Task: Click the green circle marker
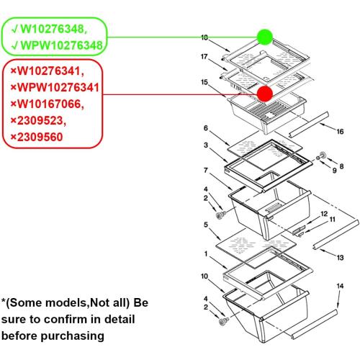(265, 37)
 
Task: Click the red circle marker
(265, 94)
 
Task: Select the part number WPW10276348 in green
(61, 45)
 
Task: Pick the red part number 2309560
(40, 137)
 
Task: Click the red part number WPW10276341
(58, 87)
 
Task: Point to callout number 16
(340, 132)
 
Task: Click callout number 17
(204, 57)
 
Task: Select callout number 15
(204, 82)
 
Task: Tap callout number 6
(206, 128)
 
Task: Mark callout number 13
(340, 258)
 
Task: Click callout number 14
(340, 286)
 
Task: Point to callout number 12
(324, 214)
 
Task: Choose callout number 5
(206, 225)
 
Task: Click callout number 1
(206, 253)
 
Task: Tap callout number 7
(206, 171)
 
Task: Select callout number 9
(334, 171)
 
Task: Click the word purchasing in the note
(73, 336)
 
